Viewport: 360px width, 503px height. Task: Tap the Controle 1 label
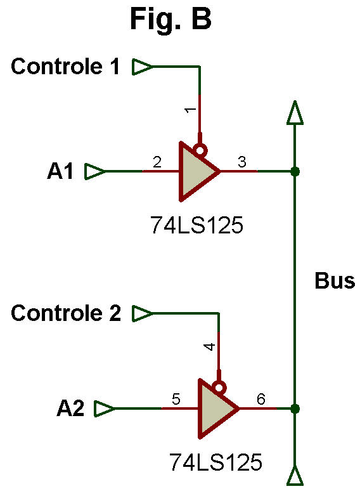[x=65, y=67]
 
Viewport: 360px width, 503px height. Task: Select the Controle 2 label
[x=66, y=313]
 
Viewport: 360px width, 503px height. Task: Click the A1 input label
[x=60, y=171]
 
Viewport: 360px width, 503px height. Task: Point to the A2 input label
[x=70, y=408]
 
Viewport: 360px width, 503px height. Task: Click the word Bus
[x=335, y=281]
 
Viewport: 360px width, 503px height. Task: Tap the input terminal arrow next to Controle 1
[x=142, y=67]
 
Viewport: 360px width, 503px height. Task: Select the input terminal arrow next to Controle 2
[x=142, y=313]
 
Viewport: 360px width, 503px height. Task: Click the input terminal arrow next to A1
[x=94, y=171]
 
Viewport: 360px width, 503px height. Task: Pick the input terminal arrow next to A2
[x=104, y=408]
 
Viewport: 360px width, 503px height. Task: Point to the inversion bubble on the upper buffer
[x=202, y=150]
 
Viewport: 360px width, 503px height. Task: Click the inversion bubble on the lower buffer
[x=220, y=387]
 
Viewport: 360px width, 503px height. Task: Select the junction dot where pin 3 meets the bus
[x=295, y=172]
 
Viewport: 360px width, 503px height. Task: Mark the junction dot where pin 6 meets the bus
[x=295, y=408]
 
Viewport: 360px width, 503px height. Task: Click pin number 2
[x=157, y=162]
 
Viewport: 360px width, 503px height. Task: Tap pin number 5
[x=176, y=400]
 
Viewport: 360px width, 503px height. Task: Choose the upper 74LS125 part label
[x=197, y=225]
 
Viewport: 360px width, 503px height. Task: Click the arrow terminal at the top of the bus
[x=295, y=112]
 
